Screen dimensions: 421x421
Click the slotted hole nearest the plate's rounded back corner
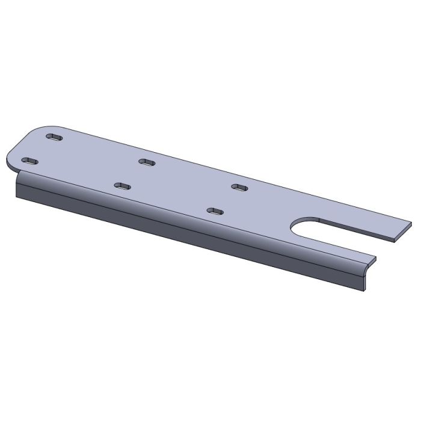click(x=55, y=138)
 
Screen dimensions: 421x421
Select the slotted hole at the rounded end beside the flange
click(x=28, y=161)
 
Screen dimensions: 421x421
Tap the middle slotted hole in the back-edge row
click(x=146, y=162)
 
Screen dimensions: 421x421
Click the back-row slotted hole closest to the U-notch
click(x=239, y=188)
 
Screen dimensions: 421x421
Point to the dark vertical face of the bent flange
click(x=180, y=229)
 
